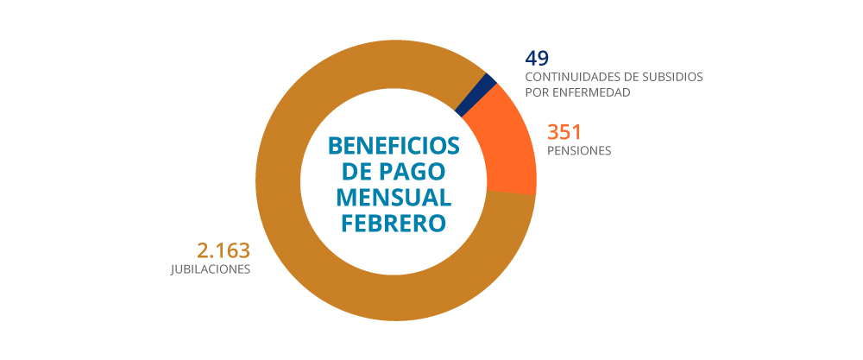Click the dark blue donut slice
click(476, 94)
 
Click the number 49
click(537, 58)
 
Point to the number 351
click(565, 132)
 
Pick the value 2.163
click(224, 250)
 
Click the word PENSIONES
click(579, 150)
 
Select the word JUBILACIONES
click(211, 269)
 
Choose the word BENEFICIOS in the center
click(394, 144)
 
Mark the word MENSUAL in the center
click(394, 196)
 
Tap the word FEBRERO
click(394, 222)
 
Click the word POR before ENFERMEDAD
click(538, 92)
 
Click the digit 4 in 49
click(531, 58)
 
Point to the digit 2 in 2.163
click(205, 250)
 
